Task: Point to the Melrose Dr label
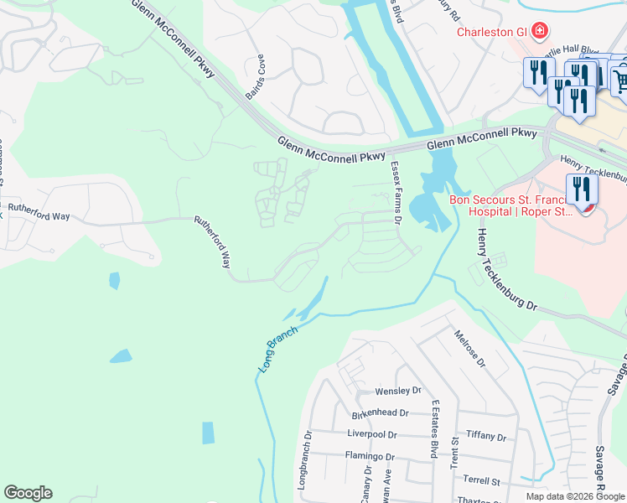point(469,348)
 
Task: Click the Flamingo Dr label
point(370,456)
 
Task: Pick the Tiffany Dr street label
point(486,437)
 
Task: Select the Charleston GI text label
point(490,33)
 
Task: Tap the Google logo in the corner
point(28,493)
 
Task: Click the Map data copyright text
point(575,496)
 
